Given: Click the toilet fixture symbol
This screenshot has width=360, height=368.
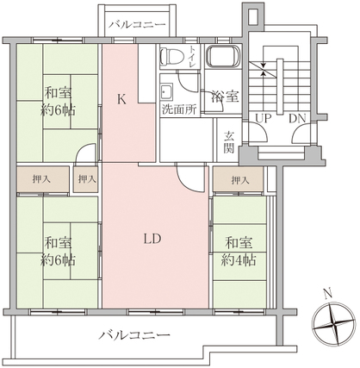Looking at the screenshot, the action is (x=171, y=56).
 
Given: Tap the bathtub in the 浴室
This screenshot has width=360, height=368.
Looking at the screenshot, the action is (x=223, y=56).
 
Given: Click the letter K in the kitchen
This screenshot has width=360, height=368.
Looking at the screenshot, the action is (x=122, y=100).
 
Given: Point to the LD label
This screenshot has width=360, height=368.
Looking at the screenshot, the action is (x=152, y=239).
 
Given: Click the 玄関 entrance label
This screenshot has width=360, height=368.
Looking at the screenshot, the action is (x=229, y=142).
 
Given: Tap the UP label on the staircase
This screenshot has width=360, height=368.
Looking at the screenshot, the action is (x=264, y=118).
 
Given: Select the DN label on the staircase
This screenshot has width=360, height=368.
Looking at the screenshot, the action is (x=297, y=118).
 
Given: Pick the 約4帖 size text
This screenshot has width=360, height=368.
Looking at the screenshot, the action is (x=239, y=260).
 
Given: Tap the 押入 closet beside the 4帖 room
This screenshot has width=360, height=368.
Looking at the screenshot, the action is (x=239, y=178).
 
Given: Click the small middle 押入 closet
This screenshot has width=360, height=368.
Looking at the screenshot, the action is (x=86, y=179).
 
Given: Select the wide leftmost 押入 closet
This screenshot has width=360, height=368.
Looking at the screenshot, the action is (x=42, y=179).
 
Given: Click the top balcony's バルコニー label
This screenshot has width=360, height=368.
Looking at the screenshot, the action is (x=138, y=24).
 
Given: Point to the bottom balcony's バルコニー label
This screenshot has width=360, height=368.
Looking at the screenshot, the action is (x=134, y=334).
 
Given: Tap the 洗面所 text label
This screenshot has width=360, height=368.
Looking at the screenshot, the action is (x=179, y=109).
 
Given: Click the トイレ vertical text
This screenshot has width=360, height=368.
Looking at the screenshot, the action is (x=191, y=57).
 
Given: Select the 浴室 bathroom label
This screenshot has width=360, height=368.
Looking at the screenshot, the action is (x=225, y=97).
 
